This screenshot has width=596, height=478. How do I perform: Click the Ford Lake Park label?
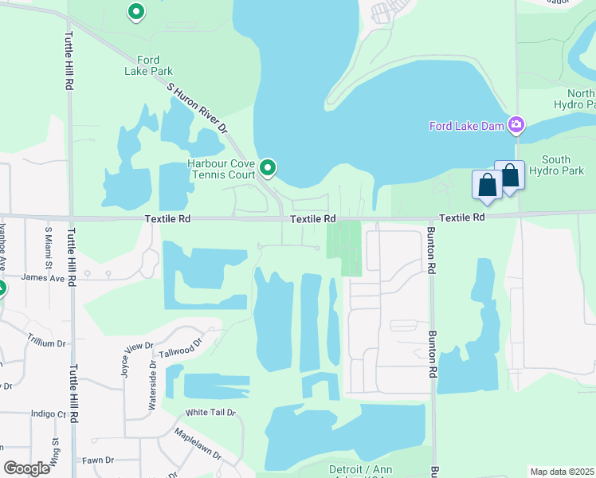(148, 65)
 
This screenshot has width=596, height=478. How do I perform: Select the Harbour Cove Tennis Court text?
(221, 169)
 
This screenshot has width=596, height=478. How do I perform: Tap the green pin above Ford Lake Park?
(136, 12)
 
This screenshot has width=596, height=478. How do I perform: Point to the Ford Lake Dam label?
(467, 125)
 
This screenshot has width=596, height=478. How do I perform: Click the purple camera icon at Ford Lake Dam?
(516, 124)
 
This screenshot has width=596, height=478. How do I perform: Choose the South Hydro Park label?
(562, 165)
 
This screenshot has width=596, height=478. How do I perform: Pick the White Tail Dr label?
(210, 413)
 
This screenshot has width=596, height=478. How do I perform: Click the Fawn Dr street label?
(98, 460)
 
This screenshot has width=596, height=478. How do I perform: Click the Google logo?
(26, 468)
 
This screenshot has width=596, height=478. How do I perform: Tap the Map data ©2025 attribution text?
(561, 472)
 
